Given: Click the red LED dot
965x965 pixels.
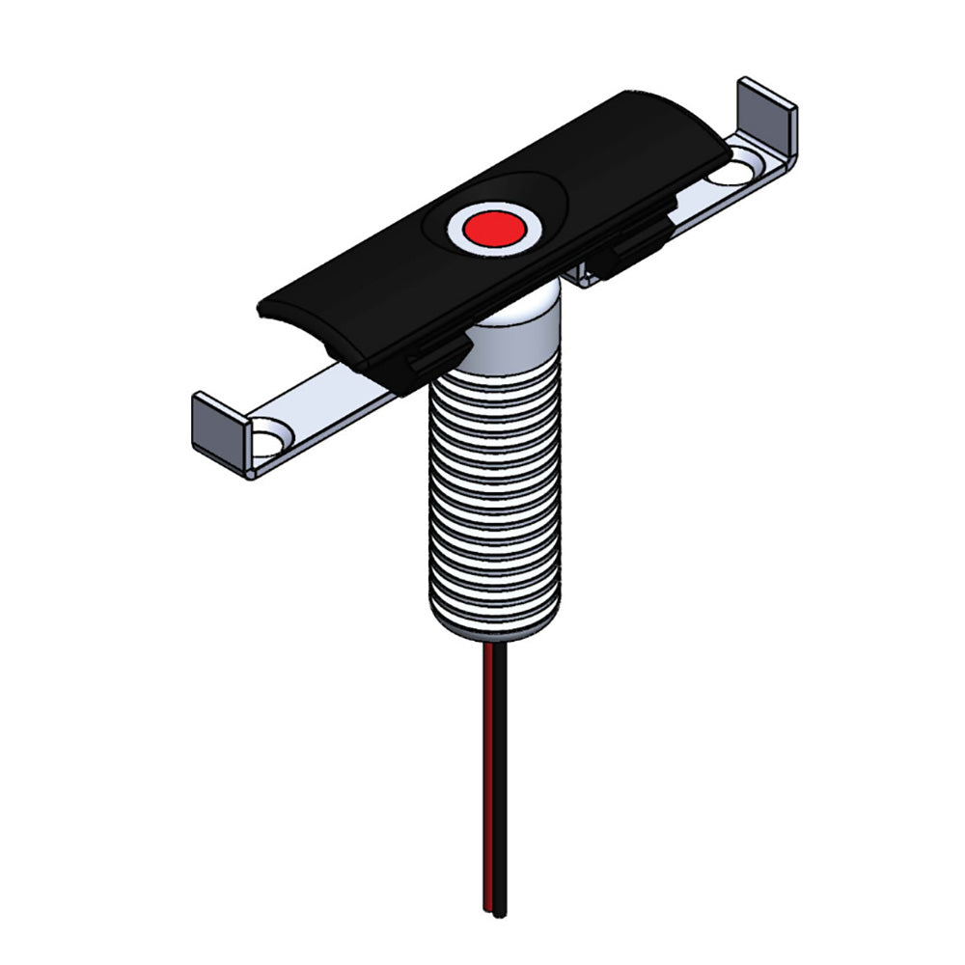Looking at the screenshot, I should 493,229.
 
